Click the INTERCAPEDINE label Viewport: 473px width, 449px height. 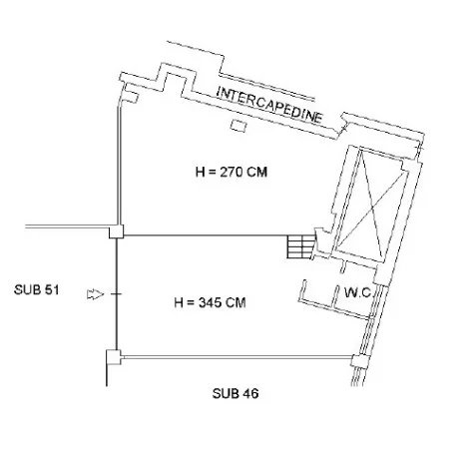pos(269,105)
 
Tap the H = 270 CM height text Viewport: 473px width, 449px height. pos(232,172)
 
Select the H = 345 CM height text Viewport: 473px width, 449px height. pos(210,302)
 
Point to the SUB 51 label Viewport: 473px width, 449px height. pos(37,289)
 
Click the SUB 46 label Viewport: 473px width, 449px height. pos(236,393)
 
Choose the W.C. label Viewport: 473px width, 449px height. pos(358,293)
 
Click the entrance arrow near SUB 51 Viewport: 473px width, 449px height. pos(95,294)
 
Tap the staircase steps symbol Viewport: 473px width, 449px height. pos(301,246)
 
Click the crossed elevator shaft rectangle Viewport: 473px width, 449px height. pos(372,206)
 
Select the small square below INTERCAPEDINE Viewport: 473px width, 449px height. pos(238,126)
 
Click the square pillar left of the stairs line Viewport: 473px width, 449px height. pos(117,231)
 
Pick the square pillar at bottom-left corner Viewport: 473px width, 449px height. pos(114,357)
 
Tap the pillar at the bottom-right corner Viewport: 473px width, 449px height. pos(360,361)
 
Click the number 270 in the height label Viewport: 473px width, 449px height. pos(232,172)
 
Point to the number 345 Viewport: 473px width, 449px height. pos(210,302)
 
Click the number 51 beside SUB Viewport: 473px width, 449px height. pos(52,289)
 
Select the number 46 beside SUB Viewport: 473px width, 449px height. pos(250,393)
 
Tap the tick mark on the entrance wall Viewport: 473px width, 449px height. pos(117,294)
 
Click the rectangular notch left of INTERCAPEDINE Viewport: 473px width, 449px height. pos(174,79)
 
